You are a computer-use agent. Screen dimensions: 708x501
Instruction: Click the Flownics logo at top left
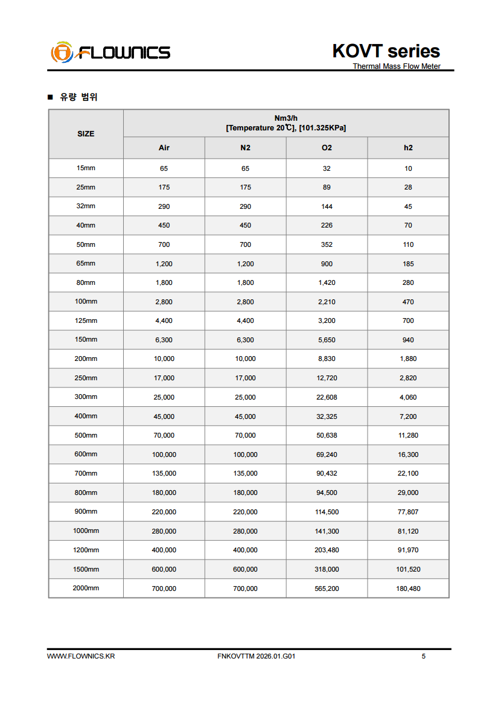(x=110, y=52)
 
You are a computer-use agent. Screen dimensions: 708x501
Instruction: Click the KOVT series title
(x=386, y=51)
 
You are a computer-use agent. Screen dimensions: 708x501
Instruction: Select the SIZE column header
(x=86, y=134)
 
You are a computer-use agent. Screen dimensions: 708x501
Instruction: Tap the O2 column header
(x=327, y=148)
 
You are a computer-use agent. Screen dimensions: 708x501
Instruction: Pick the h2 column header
(x=408, y=148)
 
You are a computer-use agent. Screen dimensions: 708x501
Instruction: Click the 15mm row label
(x=86, y=168)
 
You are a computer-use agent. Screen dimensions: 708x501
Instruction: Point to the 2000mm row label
(x=86, y=588)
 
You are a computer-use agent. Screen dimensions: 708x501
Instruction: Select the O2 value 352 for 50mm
(x=327, y=244)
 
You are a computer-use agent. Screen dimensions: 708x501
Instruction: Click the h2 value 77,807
(x=408, y=512)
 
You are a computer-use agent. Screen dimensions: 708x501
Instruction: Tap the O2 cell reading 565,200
(x=327, y=588)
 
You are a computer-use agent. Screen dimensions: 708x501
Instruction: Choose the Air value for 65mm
(x=164, y=264)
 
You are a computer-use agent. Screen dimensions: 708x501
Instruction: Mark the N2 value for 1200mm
(x=245, y=550)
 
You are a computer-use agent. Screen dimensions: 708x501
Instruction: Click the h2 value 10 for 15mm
(x=408, y=168)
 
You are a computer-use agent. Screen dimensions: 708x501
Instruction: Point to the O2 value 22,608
(x=327, y=397)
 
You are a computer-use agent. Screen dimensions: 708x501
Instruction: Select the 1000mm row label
(x=86, y=531)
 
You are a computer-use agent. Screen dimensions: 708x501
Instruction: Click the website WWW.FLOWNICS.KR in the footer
(x=81, y=656)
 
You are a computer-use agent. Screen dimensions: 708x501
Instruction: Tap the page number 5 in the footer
(x=423, y=656)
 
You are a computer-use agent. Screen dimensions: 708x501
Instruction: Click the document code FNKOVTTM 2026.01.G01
(x=256, y=656)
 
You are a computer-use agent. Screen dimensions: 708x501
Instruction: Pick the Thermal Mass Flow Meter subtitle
(x=397, y=66)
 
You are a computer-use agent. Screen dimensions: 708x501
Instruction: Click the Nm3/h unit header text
(x=286, y=118)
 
